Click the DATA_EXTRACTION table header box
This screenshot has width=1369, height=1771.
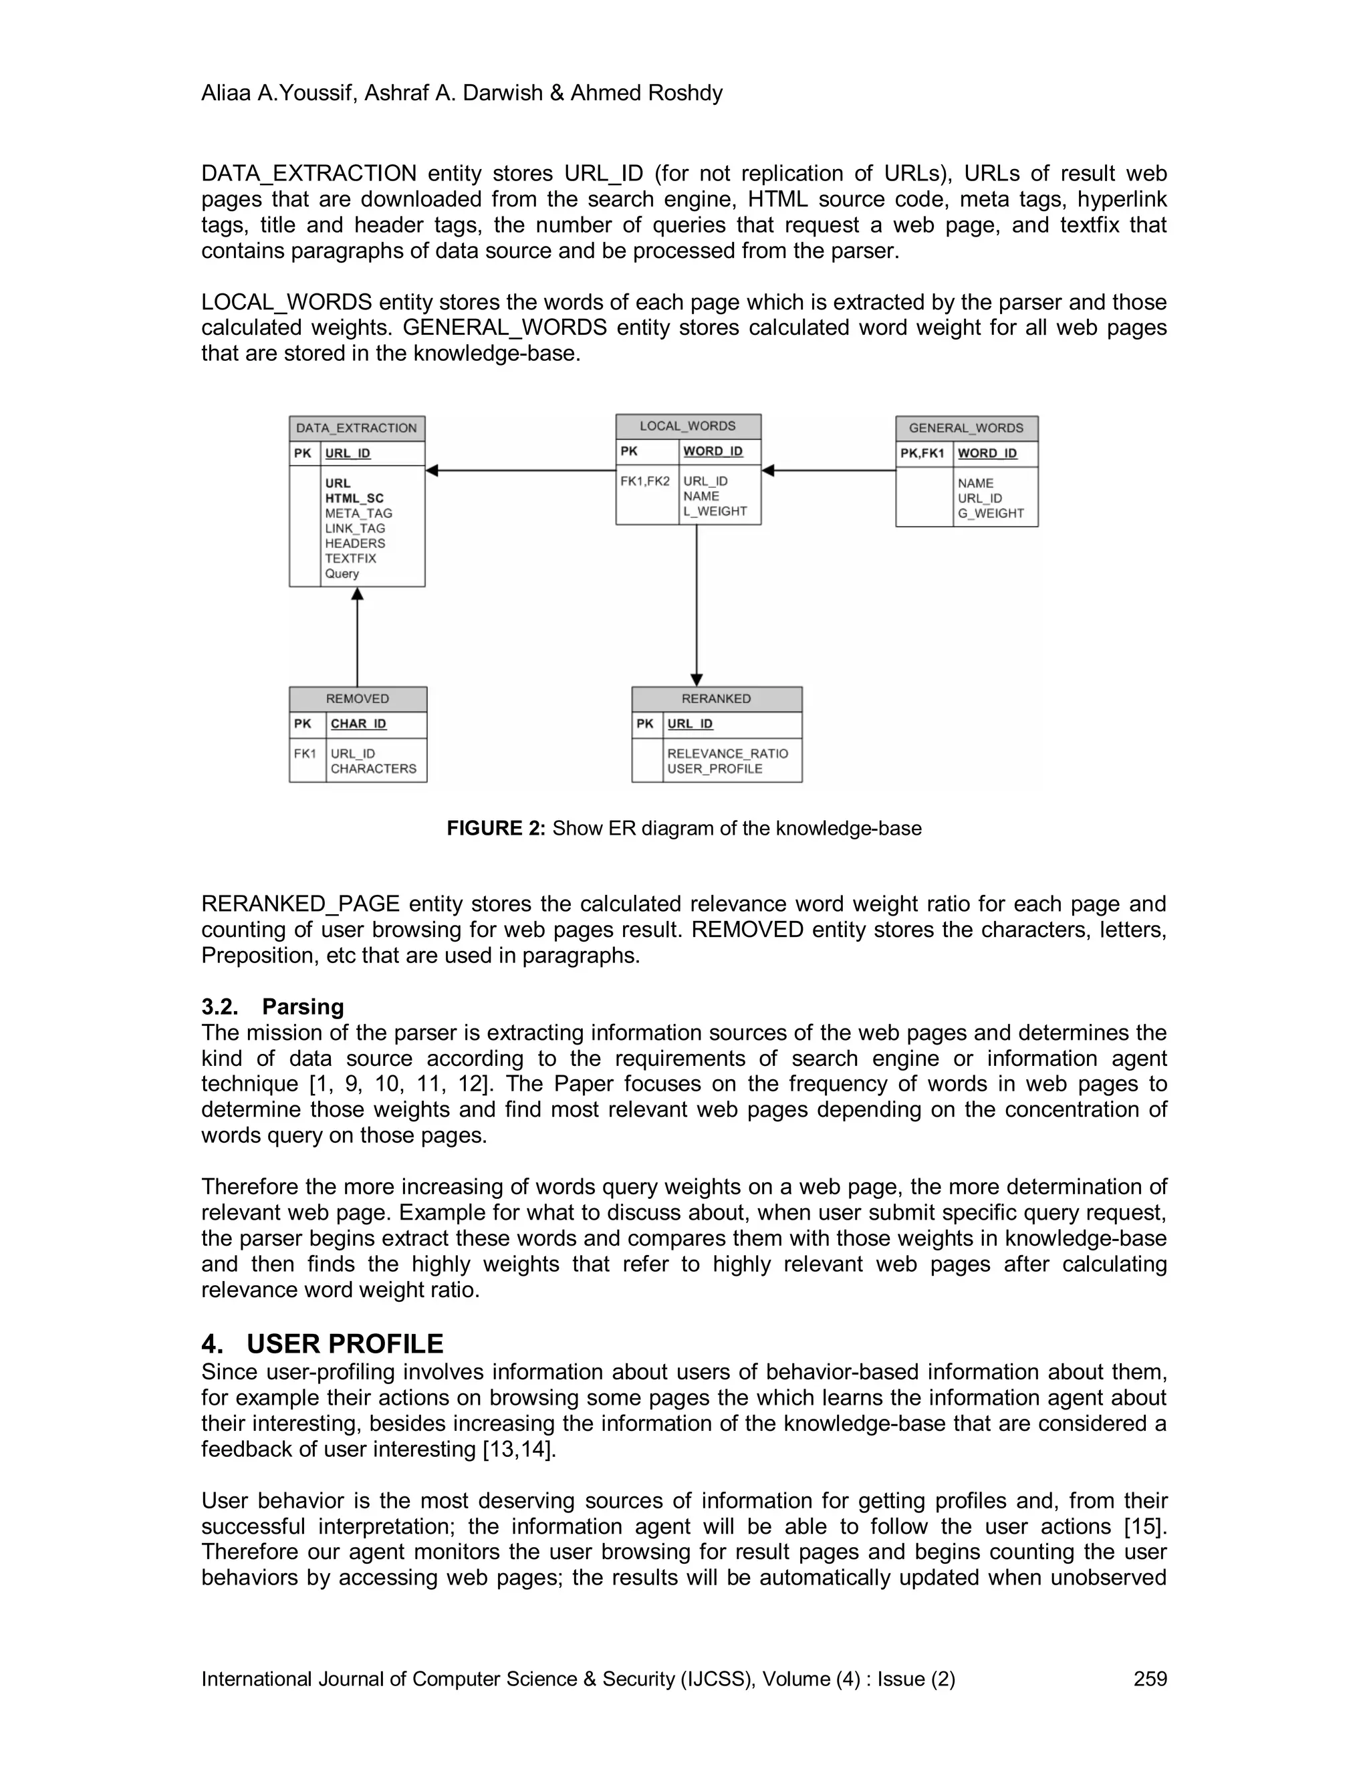coord(357,428)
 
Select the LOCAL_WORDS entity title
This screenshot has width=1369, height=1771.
coord(688,426)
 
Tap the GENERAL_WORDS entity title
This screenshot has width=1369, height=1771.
coord(966,428)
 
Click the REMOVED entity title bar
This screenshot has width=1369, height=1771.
coord(358,699)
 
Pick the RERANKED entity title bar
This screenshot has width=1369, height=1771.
coord(716,699)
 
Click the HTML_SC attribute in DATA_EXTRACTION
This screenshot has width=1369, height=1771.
coord(354,499)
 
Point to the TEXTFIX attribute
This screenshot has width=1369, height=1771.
coord(350,559)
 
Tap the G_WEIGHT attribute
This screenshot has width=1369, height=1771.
coord(990,513)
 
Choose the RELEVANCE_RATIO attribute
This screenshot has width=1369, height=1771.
coord(727,754)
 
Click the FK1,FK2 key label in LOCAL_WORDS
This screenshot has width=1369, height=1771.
coord(645,482)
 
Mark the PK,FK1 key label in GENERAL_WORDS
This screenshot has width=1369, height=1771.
coord(922,453)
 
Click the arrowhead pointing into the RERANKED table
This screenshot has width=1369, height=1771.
coord(696,680)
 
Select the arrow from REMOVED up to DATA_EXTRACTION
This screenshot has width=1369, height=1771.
coord(357,641)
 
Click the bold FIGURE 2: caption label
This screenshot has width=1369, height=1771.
coord(495,829)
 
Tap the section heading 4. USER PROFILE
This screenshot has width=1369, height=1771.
coord(322,1345)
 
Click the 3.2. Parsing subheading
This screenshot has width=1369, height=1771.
coord(273,1007)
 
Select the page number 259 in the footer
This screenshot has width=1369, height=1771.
coord(1149,1679)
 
